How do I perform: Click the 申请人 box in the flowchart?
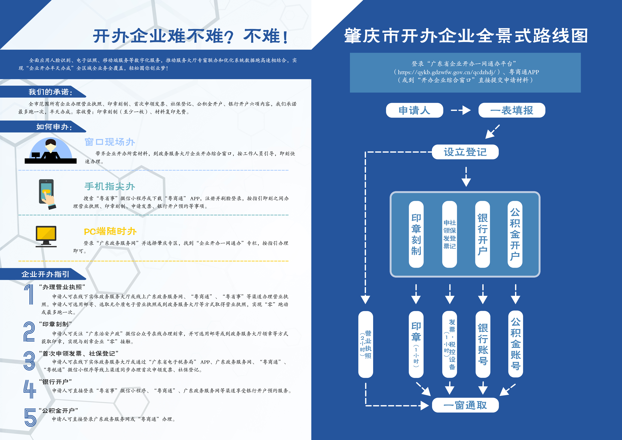pyautogui.click(x=414, y=110)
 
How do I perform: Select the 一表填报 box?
pyautogui.click(x=512, y=110)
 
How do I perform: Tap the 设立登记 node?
pyautogui.click(x=465, y=152)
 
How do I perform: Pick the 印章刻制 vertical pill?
pyautogui.click(x=416, y=234)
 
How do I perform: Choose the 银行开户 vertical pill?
pyautogui.click(x=482, y=234)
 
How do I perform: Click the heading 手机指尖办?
pyautogui.click(x=110, y=186)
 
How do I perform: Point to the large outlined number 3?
pyautogui.click(x=29, y=361)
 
